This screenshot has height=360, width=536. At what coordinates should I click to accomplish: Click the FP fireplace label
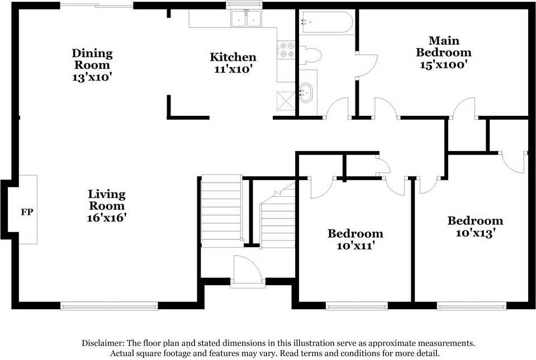[27, 212]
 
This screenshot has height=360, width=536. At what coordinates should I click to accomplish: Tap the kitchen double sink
[246, 18]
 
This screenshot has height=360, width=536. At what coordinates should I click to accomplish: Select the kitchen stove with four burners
[286, 50]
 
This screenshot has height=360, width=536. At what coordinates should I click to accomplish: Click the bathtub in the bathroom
[326, 22]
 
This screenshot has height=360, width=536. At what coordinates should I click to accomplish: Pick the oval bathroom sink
[306, 92]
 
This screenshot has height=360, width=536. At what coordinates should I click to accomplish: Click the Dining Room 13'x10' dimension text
[92, 77]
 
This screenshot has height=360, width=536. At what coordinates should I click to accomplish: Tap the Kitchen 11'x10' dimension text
[233, 69]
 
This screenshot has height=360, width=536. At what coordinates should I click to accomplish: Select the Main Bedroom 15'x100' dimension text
[444, 64]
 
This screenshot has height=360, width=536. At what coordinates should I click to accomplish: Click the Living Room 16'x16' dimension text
[107, 217]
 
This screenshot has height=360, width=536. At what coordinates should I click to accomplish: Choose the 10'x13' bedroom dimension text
[476, 233]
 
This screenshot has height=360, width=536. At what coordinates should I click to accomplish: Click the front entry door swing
[248, 270]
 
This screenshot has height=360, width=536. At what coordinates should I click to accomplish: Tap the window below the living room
[109, 306]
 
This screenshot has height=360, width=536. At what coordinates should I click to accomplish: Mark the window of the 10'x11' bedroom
[357, 306]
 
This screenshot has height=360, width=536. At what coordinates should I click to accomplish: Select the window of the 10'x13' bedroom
[471, 306]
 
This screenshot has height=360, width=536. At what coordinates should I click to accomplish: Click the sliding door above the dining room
[97, 6]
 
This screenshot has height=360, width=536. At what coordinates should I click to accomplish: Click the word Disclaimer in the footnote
[103, 343]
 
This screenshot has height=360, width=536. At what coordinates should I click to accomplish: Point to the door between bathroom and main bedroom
[367, 65]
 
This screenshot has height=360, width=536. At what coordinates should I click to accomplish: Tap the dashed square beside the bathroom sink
[286, 101]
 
